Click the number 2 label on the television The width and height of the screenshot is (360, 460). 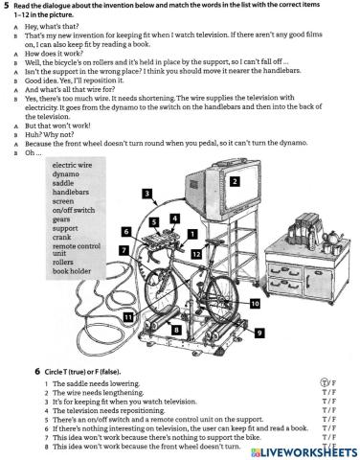(235, 179)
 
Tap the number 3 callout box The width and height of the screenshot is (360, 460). (146, 194)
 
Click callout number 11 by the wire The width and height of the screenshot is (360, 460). (127, 315)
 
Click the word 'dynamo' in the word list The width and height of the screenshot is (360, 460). (66, 175)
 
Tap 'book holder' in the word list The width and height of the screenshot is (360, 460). (73, 271)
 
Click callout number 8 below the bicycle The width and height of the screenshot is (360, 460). (175, 329)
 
